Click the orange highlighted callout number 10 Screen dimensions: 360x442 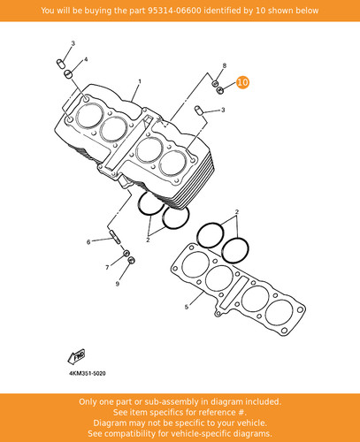[243, 82]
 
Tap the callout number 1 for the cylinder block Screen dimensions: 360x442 [140, 81]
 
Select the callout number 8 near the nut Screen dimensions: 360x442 [225, 65]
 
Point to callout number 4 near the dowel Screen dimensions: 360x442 [86, 59]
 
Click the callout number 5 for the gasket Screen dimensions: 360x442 [187, 307]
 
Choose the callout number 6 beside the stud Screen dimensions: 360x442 [88, 242]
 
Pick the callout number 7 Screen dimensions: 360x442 [107, 267]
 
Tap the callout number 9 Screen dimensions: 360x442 [118, 284]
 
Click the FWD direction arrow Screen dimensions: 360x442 [76, 356]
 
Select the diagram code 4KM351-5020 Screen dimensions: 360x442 [88, 373]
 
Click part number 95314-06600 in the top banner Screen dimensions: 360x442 [174, 11]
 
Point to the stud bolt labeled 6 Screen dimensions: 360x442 [115, 237]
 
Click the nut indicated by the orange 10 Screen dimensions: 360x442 [219, 90]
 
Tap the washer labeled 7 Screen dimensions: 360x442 [126, 253]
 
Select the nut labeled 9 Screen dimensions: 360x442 [132, 260]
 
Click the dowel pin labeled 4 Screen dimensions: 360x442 [68, 74]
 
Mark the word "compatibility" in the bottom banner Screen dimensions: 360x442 [135, 434]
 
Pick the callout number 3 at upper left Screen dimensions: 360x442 [73, 43]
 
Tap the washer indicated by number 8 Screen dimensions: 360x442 [215, 83]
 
